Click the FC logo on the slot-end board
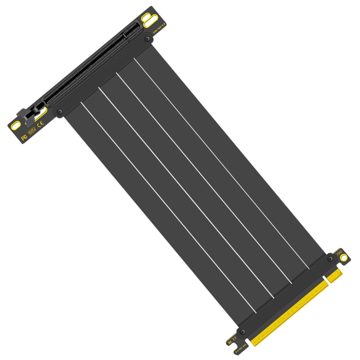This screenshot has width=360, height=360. [x=24, y=138]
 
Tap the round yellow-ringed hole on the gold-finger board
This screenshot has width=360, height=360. [x=344, y=257]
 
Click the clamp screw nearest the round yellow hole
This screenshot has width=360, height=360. [x=330, y=259]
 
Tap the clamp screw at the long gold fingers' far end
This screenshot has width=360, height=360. [x=242, y=331]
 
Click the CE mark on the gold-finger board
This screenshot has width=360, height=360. [x=234, y=338]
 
